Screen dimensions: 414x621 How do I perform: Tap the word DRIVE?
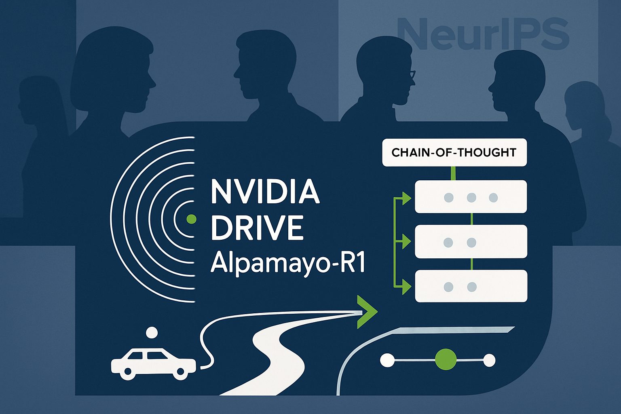[x=257, y=228]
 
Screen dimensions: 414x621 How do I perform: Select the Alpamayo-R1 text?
[x=287, y=263]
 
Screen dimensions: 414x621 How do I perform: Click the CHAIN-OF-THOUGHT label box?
[x=454, y=152]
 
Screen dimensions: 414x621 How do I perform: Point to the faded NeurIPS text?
[x=483, y=34]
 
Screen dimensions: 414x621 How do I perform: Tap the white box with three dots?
[x=471, y=197]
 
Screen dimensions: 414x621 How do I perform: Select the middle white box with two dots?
[x=471, y=242]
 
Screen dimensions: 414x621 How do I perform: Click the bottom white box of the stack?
[x=471, y=286]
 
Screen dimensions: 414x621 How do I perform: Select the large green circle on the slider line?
[x=446, y=359]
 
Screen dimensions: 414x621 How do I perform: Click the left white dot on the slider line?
[x=387, y=360]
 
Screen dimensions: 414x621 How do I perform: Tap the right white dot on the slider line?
[x=489, y=360]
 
